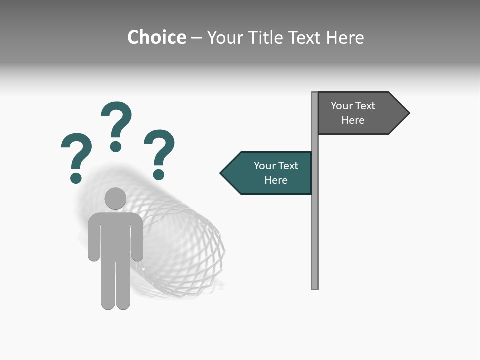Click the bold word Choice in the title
pyautogui.click(x=156, y=37)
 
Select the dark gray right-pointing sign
pyautogui.click(x=360, y=113)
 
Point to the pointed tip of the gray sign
pyautogui.click(x=408, y=113)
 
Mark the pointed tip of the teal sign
pyautogui.click(x=222, y=173)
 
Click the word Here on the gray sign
pyautogui.click(x=353, y=120)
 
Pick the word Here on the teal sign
pyautogui.click(x=276, y=180)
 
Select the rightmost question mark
pyautogui.click(x=159, y=152)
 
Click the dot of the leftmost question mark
pyautogui.click(x=76, y=178)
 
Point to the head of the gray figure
pyautogui.click(x=115, y=198)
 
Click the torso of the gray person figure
pyautogui.click(x=115, y=235)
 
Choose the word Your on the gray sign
pyautogui.click(x=341, y=106)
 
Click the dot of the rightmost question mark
pyautogui.click(x=159, y=174)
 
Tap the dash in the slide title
pyautogui.click(x=196, y=38)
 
